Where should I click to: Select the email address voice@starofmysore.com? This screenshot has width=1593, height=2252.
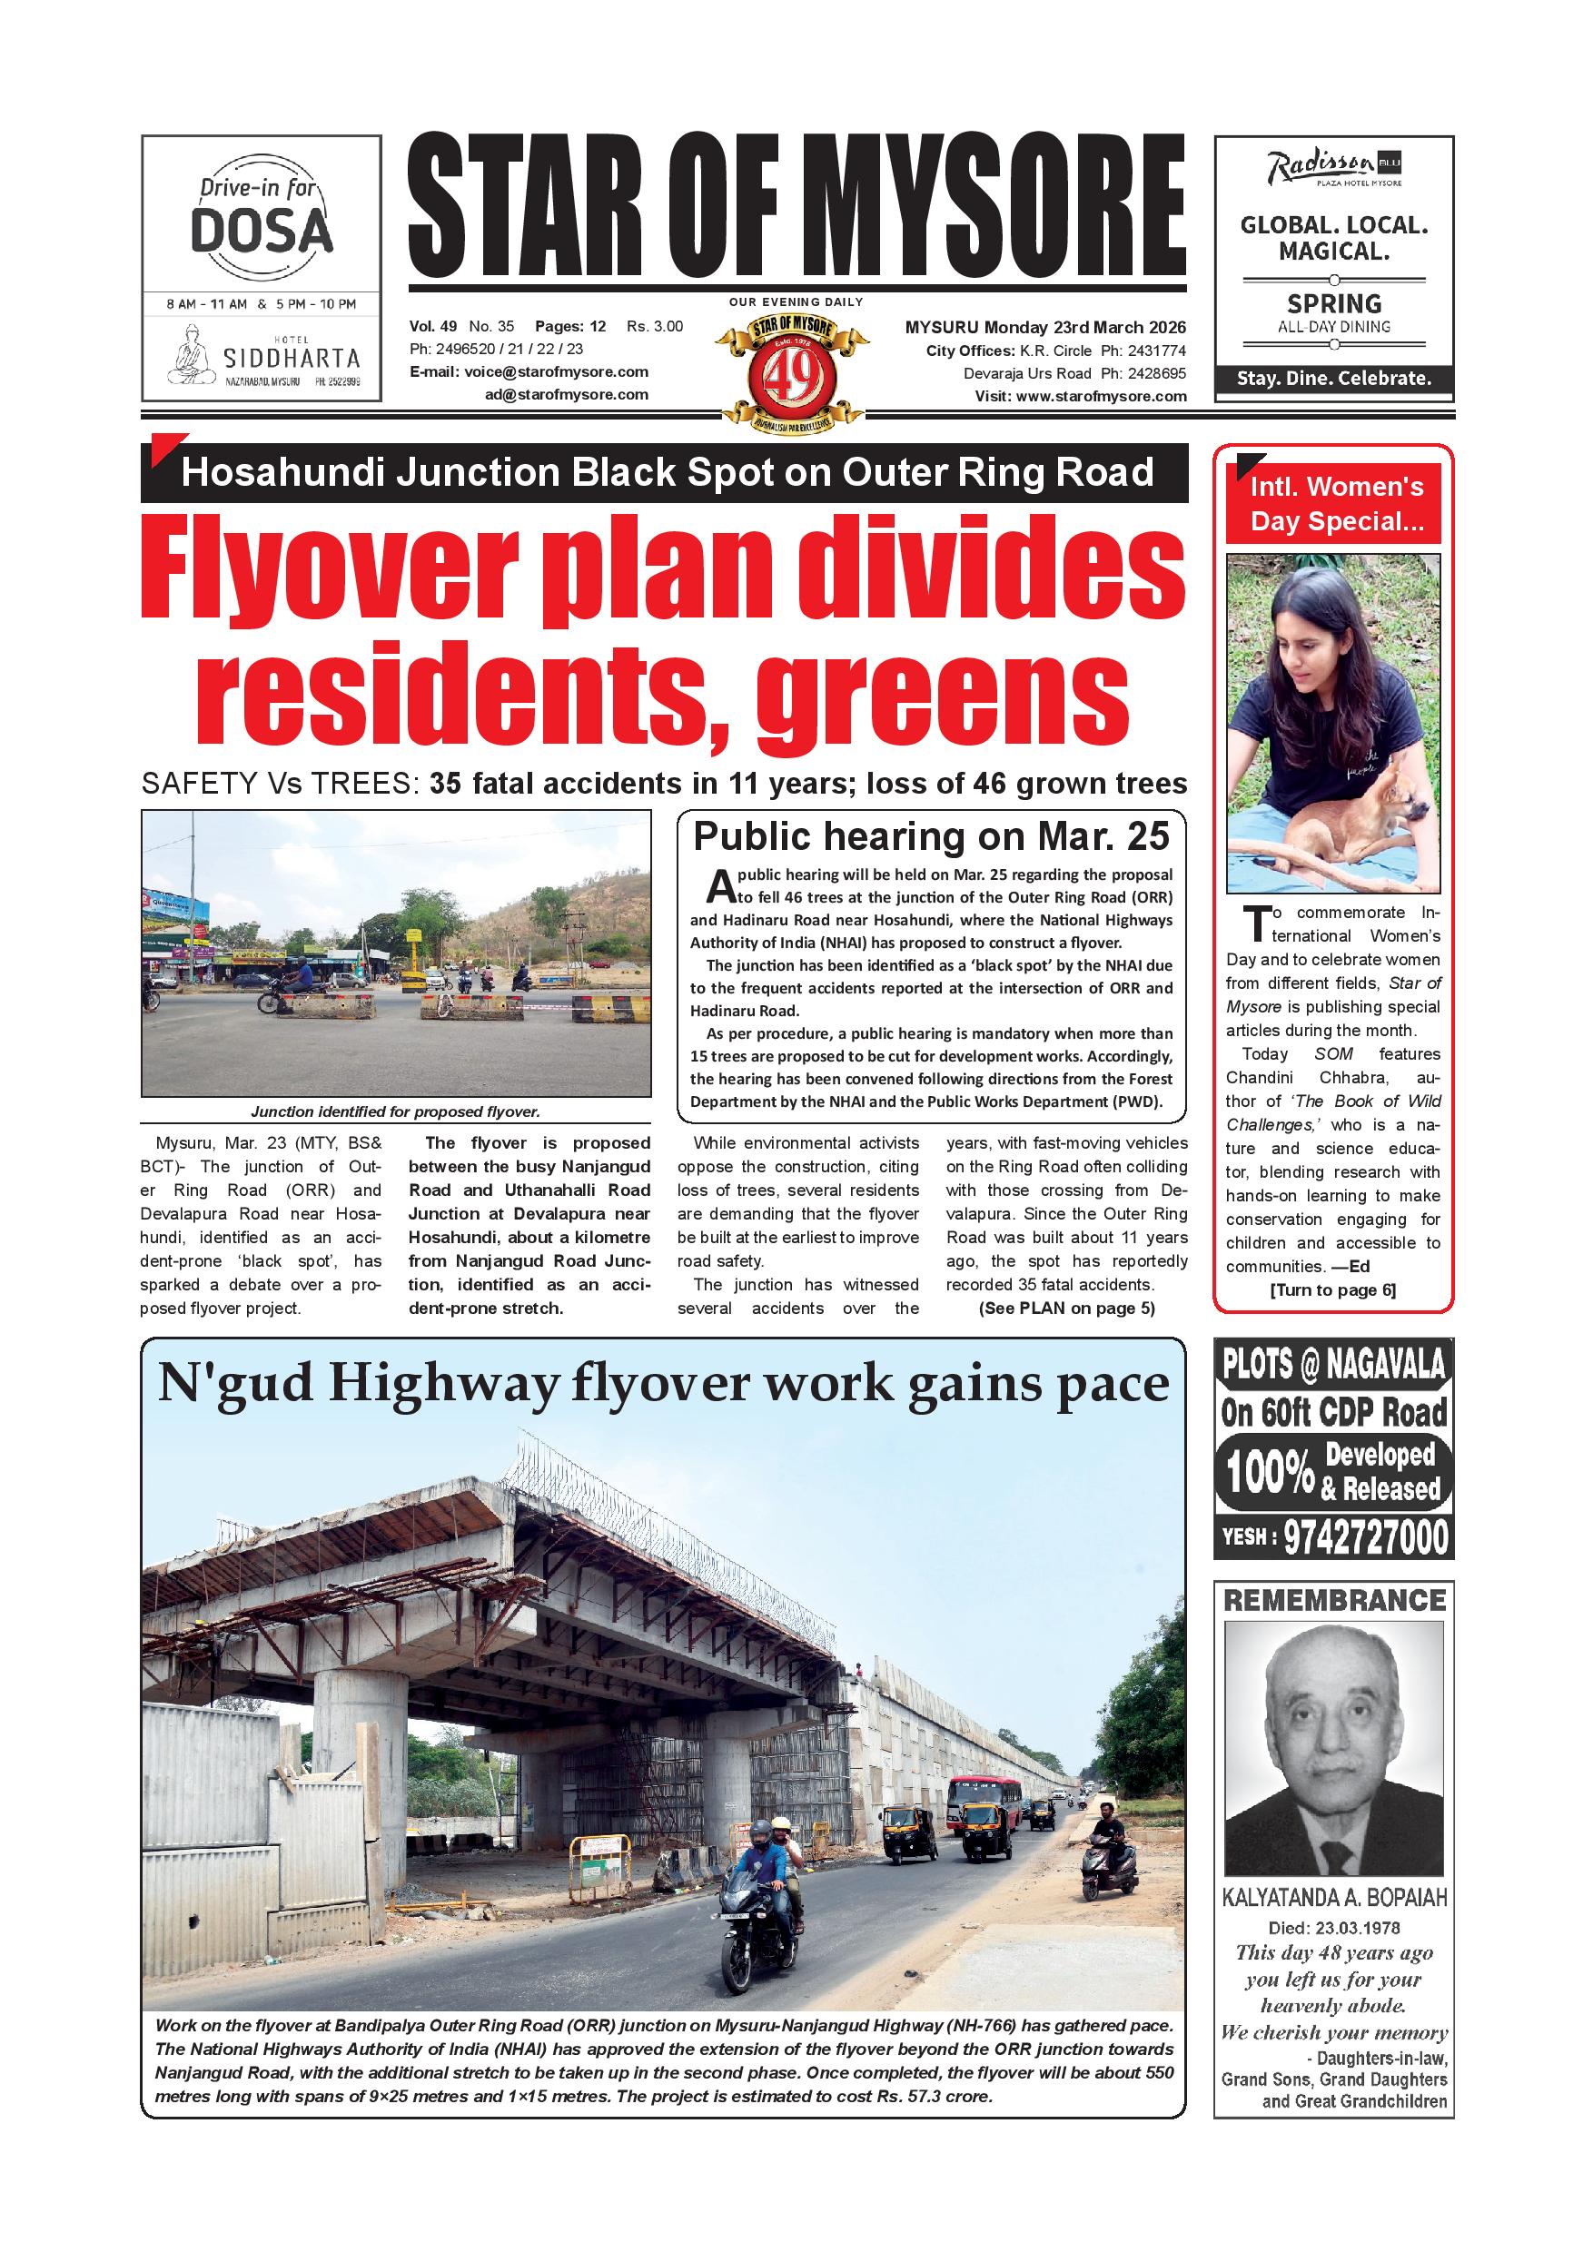556,371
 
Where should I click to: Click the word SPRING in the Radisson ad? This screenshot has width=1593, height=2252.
1334,303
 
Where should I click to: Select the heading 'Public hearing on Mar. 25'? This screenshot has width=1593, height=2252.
931,835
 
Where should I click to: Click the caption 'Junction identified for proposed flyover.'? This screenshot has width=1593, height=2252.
395,1111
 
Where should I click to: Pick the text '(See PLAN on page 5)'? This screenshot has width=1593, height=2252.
1066,1308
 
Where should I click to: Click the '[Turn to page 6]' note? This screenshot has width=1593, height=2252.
1332,1289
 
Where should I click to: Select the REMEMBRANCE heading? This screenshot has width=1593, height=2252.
1334,1601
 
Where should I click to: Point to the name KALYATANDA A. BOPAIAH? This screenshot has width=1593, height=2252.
1334,1898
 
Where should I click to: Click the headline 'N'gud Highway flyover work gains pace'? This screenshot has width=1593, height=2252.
663,1385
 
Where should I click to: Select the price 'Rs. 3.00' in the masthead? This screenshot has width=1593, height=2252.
654,327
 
